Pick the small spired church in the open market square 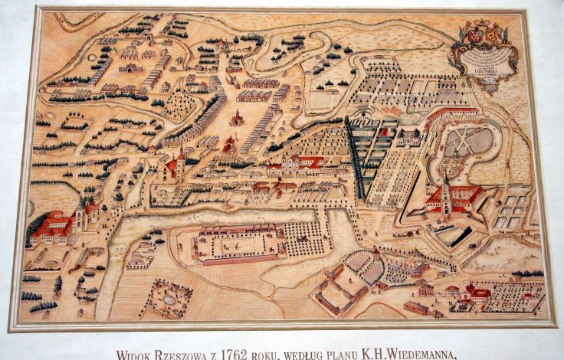coord(238,118)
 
